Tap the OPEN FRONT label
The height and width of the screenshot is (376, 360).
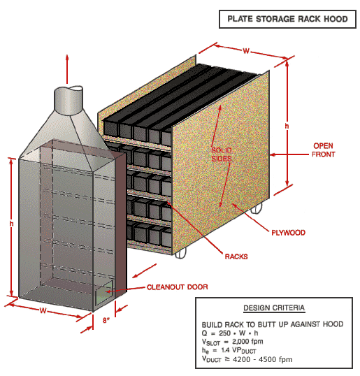click(x=323, y=150)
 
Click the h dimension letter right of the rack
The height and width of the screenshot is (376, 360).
click(x=287, y=125)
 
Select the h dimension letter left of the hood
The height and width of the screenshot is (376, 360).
click(x=11, y=224)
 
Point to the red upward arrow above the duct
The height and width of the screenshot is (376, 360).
click(x=67, y=66)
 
